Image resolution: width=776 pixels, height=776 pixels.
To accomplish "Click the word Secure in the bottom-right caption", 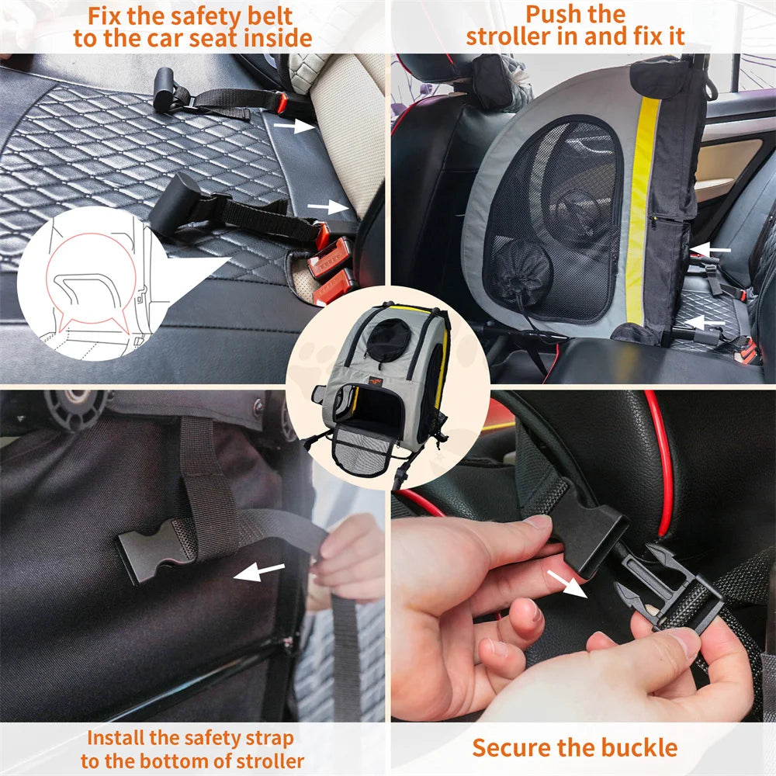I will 509,748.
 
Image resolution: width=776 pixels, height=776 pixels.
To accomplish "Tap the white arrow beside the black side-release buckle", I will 259,573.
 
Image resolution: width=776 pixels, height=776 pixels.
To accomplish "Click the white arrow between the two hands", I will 565,583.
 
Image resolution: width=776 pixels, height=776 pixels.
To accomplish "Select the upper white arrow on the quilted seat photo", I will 294,126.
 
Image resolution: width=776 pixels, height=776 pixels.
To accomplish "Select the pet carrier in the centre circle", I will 380,388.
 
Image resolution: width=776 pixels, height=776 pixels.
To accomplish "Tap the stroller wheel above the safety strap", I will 74,407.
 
